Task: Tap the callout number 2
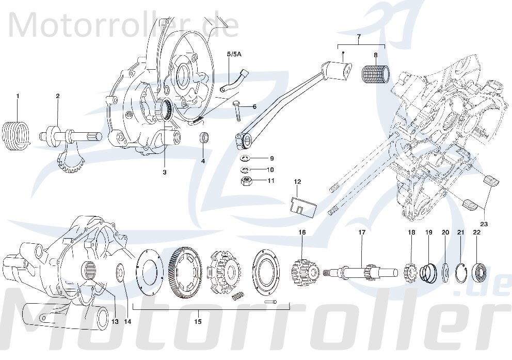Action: (x=58, y=96)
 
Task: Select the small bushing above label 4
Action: (x=205, y=138)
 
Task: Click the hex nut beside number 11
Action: (x=246, y=181)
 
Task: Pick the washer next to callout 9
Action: (x=245, y=158)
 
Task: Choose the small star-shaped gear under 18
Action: (x=411, y=270)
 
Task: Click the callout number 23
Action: (x=484, y=224)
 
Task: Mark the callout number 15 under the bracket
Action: (x=197, y=321)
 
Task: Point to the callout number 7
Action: (x=359, y=37)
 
